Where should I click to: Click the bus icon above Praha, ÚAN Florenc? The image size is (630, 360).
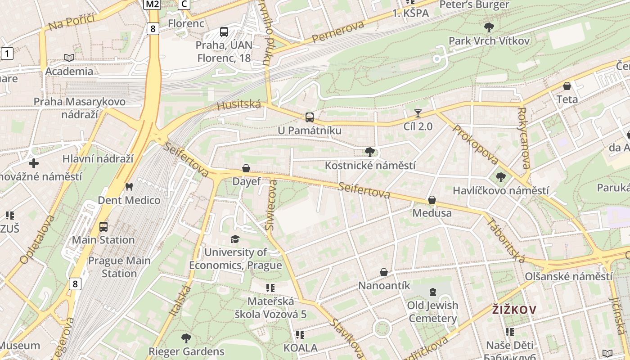(224, 32)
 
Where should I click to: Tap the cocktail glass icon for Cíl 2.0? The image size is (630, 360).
(418, 113)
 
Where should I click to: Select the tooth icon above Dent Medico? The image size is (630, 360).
(129, 187)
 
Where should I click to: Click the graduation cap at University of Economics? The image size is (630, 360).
(235, 239)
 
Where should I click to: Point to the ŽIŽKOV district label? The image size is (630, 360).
(514, 310)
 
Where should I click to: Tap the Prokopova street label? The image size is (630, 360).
(476, 144)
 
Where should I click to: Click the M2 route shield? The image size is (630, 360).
(152, 4)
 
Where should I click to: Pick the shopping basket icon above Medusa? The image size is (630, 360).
(432, 199)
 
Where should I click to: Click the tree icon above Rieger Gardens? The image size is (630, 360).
(186, 338)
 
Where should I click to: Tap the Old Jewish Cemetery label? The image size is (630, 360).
(432, 312)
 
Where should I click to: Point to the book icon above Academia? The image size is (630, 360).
(69, 58)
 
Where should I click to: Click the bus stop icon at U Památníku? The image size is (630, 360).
(310, 117)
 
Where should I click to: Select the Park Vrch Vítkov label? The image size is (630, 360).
(489, 41)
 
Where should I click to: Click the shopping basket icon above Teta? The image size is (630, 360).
(567, 85)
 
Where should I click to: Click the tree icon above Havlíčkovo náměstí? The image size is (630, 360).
(500, 177)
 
